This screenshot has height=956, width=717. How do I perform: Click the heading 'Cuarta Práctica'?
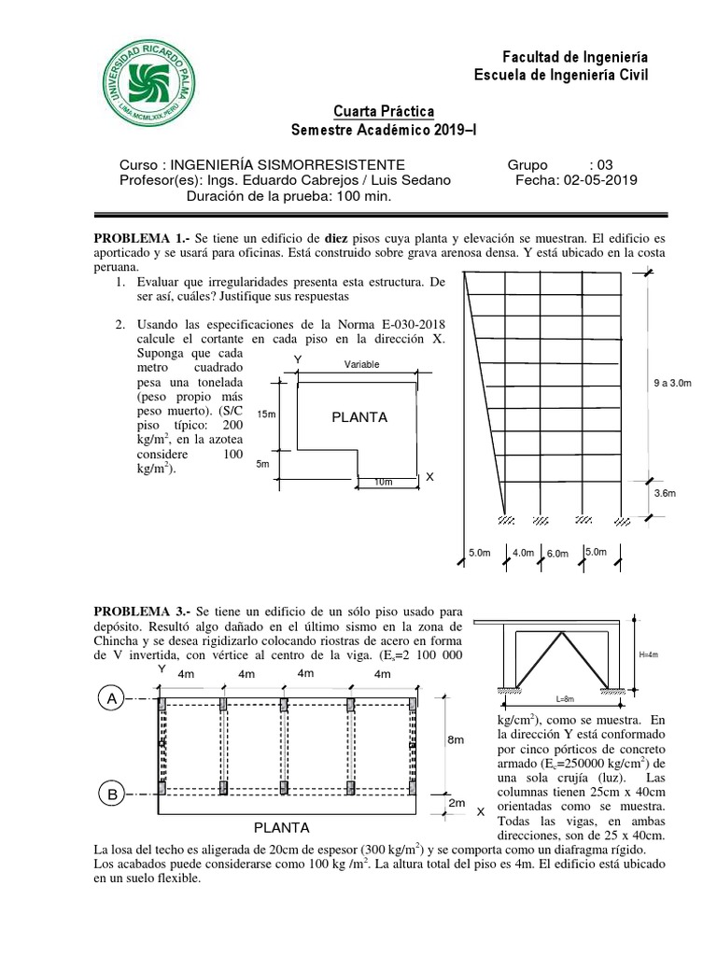[x=383, y=112]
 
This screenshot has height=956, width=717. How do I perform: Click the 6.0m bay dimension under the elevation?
[x=557, y=554]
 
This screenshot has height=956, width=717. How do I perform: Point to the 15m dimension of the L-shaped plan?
[x=266, y=415]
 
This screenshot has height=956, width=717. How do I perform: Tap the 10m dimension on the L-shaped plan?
[x=383, y=482]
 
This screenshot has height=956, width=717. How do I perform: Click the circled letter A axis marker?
[x=111, y=698]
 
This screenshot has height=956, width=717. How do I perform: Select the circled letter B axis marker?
[x=111, y=794]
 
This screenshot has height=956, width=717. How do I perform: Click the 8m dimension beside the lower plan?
[x=456, y=740]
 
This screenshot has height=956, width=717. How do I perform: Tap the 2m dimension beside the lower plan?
[x=456, y=804]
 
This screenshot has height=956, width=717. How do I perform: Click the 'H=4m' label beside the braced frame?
[x=649, y=654]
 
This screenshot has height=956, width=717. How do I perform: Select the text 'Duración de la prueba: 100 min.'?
[x=288, y=197]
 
